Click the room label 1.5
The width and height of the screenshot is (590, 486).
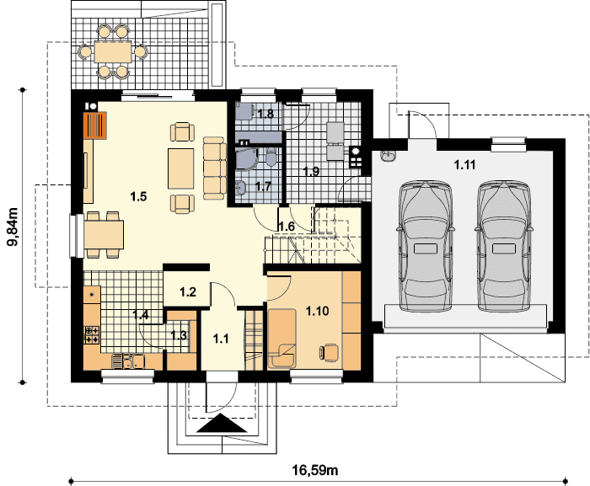pos(138,196)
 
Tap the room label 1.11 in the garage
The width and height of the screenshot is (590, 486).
pos(464,165)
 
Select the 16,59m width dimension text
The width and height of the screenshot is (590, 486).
pos(315,470)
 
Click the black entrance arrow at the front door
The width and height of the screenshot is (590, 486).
pos(222,423)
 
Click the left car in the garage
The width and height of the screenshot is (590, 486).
pos(426,247)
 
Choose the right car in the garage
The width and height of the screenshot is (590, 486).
pos(503,247)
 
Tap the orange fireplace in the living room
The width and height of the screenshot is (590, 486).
pos(94,126)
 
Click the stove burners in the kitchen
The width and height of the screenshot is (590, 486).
pos(92,334)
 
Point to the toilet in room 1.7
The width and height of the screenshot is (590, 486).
pos(271,157)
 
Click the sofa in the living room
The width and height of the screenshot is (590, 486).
pos(215,168)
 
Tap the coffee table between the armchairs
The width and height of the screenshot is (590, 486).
pos(181,168)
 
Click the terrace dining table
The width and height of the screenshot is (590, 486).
pos(113,52)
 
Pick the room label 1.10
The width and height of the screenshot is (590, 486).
pos(317,311)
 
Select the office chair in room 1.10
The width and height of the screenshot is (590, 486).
pos(329,353)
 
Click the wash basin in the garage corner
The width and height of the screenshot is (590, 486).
pos(388,156)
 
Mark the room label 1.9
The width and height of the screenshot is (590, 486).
pos(311,172)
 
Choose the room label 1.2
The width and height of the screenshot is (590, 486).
pos(188,292)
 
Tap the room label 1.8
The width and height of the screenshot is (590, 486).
pos(265,114)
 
